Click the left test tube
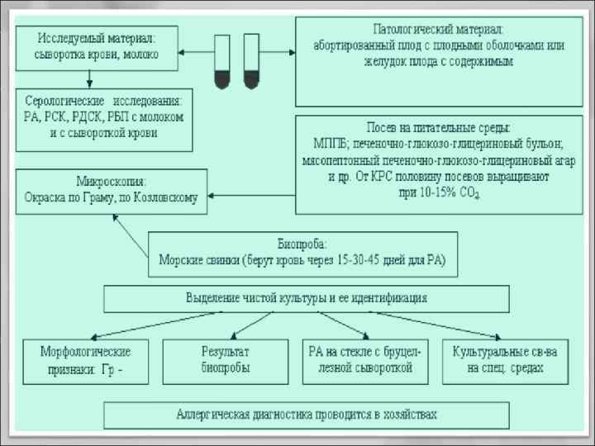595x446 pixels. coord(222,62)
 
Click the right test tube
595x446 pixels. coord(250,62)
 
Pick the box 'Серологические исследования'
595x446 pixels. coord(103,119)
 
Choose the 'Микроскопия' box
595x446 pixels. coord(111,191)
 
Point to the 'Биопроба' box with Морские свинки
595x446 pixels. coord(302,254)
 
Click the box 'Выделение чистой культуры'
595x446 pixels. coord(305,297)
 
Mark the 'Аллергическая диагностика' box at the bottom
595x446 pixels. coord(306,414)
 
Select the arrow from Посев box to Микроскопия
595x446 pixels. coord(251,195)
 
